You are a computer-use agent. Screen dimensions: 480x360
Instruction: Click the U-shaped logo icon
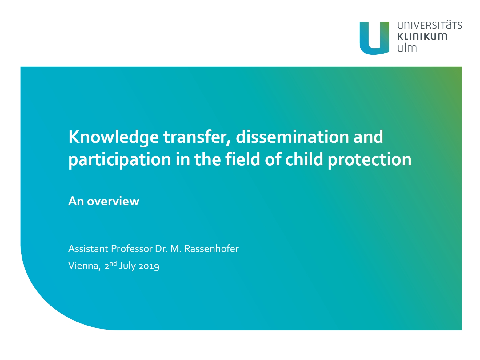[374, 38]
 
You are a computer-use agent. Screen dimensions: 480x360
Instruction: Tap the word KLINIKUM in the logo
[422, 37]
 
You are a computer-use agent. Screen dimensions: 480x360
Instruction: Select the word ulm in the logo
[407, 48]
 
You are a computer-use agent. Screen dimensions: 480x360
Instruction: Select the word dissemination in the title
[292, 137]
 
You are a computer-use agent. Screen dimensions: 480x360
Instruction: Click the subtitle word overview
[113, 201]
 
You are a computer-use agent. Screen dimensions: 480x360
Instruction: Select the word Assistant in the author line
[88, 249]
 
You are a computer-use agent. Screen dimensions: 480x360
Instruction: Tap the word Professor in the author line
[132, 249]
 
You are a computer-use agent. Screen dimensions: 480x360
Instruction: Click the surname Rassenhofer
[211, 249]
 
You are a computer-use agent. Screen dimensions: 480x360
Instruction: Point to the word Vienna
[85, 266]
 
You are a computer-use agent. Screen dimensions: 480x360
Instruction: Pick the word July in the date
[127, 266]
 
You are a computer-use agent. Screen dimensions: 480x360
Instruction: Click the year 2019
[149, 266]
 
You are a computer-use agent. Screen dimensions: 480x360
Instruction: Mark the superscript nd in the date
[113, 263]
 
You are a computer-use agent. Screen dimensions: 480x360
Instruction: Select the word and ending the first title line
[369, 137]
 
